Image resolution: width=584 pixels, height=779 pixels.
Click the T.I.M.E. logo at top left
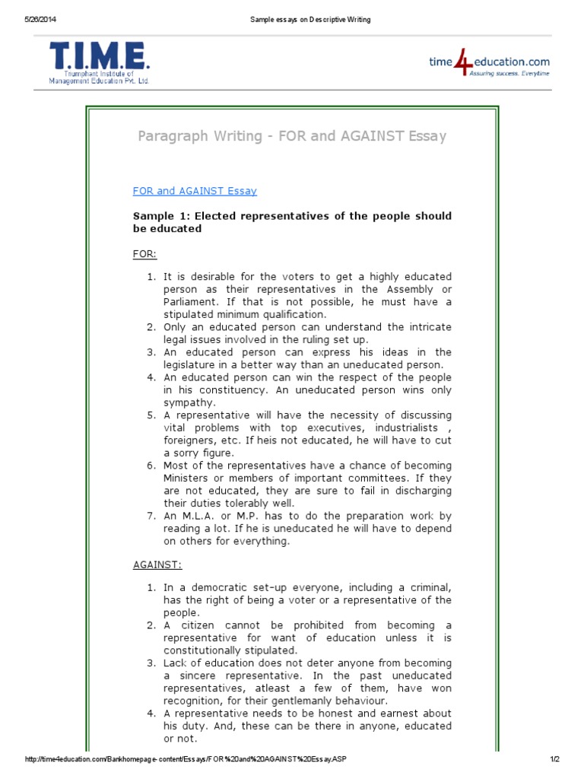point(100,62)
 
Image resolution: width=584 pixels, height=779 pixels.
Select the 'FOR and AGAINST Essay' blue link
point(195,191)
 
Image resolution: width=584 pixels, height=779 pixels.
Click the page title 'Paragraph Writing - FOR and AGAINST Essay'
point(292,136)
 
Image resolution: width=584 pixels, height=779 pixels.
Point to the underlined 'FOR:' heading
point(144,253)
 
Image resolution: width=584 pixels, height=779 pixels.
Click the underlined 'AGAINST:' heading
point(157,565)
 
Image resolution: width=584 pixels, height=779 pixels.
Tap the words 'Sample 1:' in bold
point(159,216)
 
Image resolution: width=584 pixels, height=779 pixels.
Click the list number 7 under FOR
point(151,516)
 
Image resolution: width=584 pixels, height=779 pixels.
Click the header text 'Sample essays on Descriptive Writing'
point(310,19)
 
